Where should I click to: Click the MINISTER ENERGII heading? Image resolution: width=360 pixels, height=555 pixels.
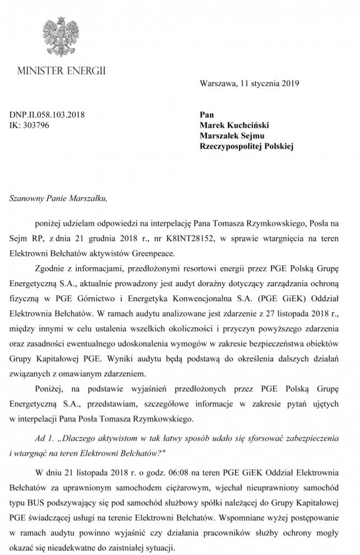(x=62, y=72)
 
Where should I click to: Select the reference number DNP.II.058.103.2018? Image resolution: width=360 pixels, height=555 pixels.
(x=47, y=115)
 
